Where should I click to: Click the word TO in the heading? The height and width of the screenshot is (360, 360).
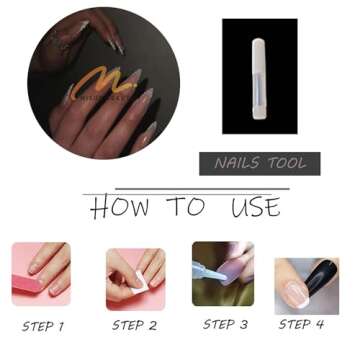(184, 208)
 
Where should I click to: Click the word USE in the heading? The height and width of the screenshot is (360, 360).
(256, 208)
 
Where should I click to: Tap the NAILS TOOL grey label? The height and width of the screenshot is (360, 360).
(260, 163)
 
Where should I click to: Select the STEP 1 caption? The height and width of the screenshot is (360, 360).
(43, 326)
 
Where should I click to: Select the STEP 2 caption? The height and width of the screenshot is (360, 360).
(135, 325)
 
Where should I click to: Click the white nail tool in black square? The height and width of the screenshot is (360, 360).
(259, 75)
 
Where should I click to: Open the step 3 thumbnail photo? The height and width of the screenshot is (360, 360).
(223, 273)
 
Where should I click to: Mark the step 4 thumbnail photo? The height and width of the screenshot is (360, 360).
(306, 286)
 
